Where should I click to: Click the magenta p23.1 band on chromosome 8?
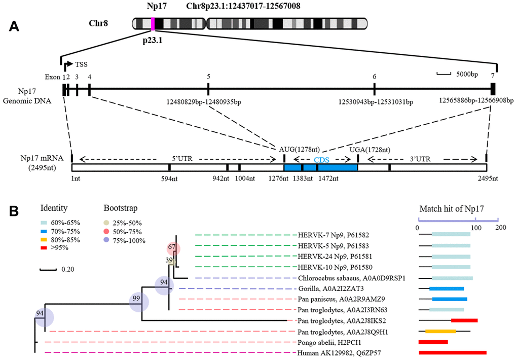153,23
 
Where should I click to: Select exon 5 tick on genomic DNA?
209,89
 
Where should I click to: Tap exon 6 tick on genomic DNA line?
374,89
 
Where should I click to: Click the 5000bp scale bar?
444,75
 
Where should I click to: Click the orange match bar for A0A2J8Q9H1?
440,332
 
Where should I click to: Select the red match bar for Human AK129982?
452,352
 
